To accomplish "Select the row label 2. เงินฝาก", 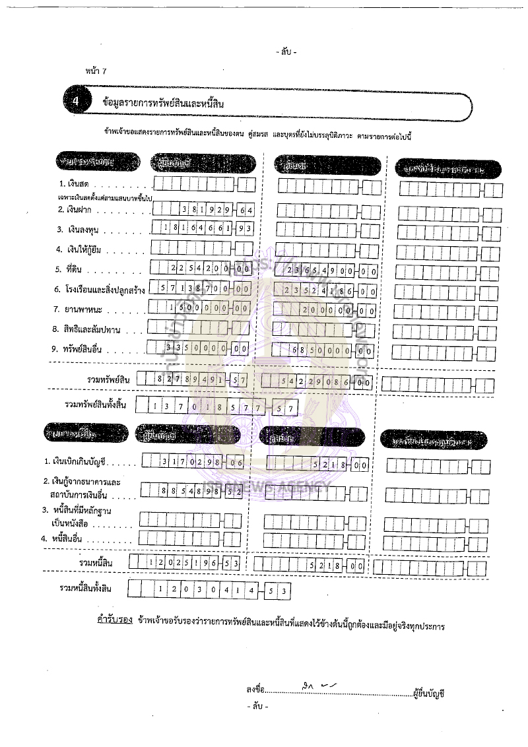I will coord(83,209).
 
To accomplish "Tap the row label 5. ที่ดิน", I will coord(77,269).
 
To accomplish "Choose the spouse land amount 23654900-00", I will coord(327,270).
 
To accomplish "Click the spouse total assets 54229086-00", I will coord(317,382).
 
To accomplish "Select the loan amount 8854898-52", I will coord(192,491).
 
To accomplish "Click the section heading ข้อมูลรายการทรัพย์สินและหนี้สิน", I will coord(165,103).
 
